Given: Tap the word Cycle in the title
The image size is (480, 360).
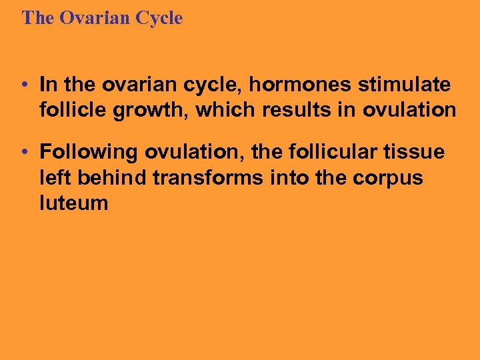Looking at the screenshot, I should (159, 18).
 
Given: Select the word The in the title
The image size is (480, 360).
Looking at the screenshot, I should (37, 18).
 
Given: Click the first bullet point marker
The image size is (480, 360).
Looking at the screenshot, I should (23, 85).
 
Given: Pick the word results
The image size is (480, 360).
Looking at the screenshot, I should (297, 109).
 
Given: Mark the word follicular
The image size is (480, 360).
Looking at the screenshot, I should (321, 153).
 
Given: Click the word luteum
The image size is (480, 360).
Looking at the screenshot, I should (73, 203).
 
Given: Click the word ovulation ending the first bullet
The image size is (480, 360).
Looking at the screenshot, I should (409, 109).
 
